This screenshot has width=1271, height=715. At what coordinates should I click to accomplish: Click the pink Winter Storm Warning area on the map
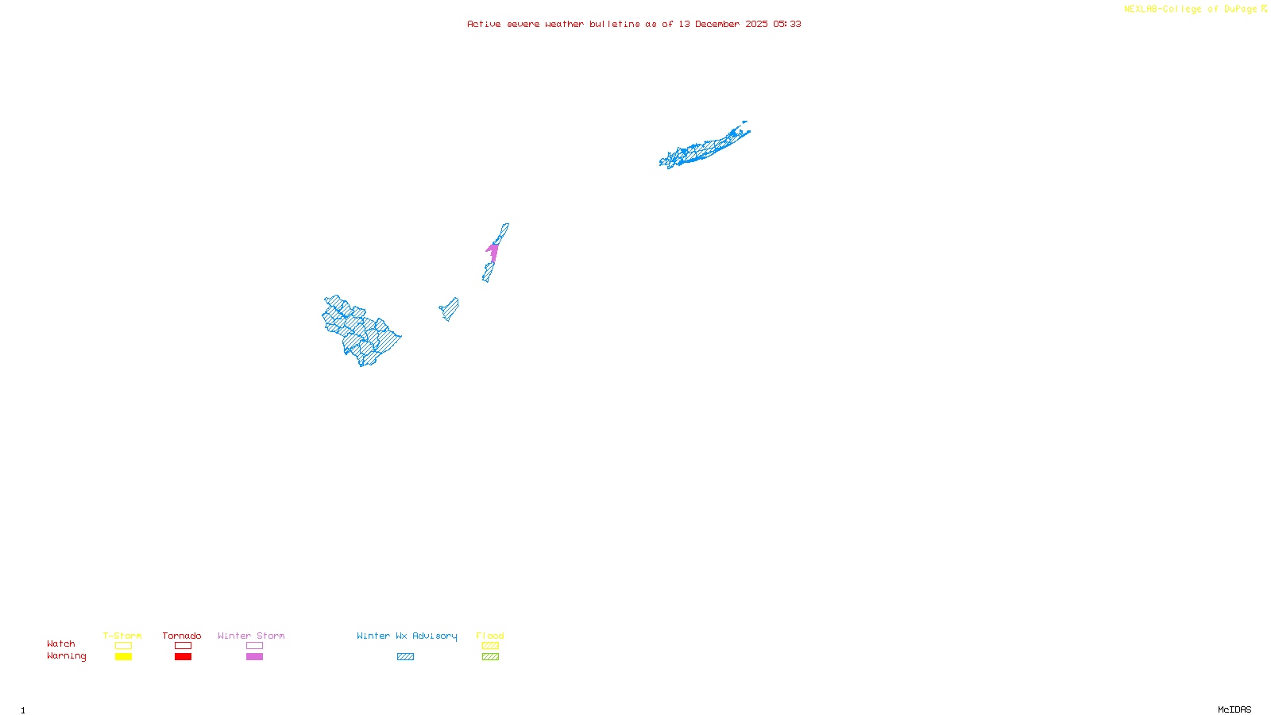pyautogui.click(x=493, y=252)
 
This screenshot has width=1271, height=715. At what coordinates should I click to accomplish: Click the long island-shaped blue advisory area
pyautogui.click(x=703, y=147)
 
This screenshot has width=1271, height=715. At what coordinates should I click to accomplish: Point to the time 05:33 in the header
pyautogui.click(x=786, y=24)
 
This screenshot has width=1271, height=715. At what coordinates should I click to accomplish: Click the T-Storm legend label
pyautogui.click(x=122, y=636)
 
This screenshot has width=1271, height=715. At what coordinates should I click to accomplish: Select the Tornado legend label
pyautogui.click(x=182, y=636)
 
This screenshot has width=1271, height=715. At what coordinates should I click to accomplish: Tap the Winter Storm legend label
pyautogui.click(x=251, y=636)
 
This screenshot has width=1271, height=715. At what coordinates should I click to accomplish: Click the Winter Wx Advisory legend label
pyautogui.click(x=407, y=636)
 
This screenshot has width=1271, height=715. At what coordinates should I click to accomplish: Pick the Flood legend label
pyautogui.click(x=490, y=636)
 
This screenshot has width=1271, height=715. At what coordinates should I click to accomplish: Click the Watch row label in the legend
pyautogui.click(x=61, y=643)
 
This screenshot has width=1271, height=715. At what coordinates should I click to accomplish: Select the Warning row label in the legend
pyautogui.click(x=66, y=656)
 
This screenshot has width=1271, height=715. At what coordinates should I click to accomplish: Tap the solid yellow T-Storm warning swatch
pyautogui.click(x=123, y=657)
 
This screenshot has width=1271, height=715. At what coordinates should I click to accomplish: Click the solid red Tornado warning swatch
pyautogui.click(x=183, y=657)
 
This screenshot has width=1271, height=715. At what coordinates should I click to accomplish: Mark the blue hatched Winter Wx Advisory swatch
pyautogui.click(x=405, y=657)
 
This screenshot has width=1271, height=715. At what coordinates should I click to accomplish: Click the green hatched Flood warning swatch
pyautogui.click(x=490, y=657)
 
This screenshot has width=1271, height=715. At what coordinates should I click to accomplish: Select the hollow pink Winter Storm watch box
pyautogui.click(x=254, y=646)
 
